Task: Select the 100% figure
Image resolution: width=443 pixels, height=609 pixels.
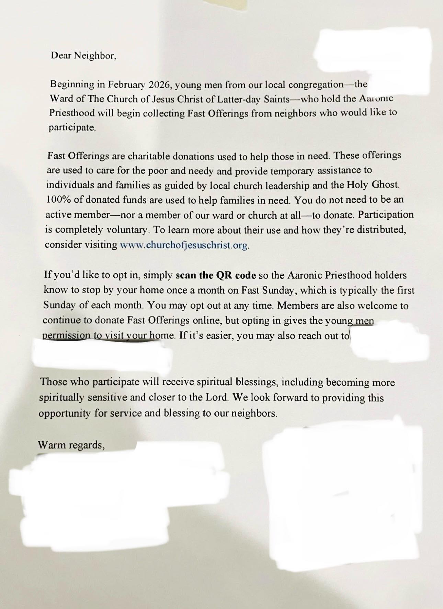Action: point(57,200)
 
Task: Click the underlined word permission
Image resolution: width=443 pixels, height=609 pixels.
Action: point(66,336)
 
